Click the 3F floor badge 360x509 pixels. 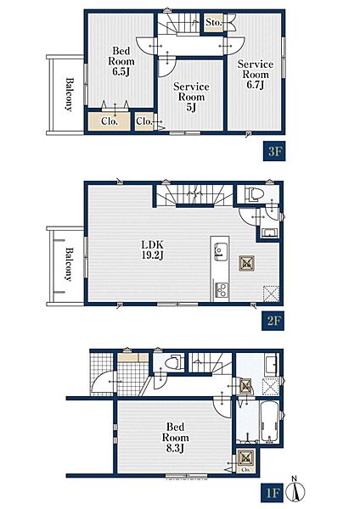[x=274, y=151]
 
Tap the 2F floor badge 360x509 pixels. [x=273, y=321]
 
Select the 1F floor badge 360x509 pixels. [x=272, y=493]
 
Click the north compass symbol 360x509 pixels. [x=295, y=489]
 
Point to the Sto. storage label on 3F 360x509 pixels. [x=214, y=22]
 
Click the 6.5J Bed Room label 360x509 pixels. [x=121, y=61]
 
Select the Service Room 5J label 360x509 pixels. [x=191, y=97]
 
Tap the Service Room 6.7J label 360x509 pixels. [x=256, y=74]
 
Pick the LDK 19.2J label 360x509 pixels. [x=152, y=249]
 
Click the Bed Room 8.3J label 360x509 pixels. [x=176, y=437]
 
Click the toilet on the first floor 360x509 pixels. [x=172, y=361]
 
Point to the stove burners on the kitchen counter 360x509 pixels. [x=222, y=290]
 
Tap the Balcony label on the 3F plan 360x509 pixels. [x=69, y=94]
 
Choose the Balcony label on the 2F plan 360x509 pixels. [x=68, y=264]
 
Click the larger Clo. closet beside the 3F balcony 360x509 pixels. [x=110, y=120]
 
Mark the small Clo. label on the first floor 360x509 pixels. [x=246, y=469]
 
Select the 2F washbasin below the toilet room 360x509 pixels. [x=269, y=232]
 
